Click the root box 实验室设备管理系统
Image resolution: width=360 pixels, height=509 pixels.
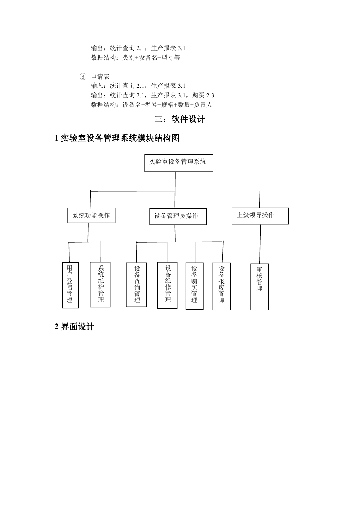pyautogui.click(x=179, y=163)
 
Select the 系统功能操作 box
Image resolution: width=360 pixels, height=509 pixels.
pyautogui.click(x=91, y=216)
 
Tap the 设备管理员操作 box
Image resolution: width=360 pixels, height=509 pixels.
pyautogui.click(x=178, y=216)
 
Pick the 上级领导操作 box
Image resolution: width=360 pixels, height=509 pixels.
pyautogui.click(x=260, y=216)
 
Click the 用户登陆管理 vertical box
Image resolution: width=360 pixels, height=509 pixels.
pyautogui.click(x=70, y=285)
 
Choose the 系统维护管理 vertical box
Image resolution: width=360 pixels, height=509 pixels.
pyautogui.click(x=100, y=284)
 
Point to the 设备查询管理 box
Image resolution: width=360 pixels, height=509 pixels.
pyautogui.click(x=136, y=285)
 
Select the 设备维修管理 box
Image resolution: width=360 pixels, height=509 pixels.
pyautogui.click(x=167, y=285)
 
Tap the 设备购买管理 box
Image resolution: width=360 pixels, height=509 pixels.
pyautogui.click(x=194, y=286)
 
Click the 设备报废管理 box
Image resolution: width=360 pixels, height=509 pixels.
pyautogui.click(x=221, y=286)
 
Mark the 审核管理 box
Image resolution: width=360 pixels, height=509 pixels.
pyautogui.click(x=259, y=287)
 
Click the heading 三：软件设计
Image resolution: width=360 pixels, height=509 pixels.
pyautogui.click(x=180, y=119)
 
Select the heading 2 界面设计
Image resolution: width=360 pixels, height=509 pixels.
pyautogui.click(x=74, y=327)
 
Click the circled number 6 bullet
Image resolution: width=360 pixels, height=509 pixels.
pyautogui.click(x=83, y=77)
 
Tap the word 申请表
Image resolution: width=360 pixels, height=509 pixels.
pyautogui.click(x=100, y=77)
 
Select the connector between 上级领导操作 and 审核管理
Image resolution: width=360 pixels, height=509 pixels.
pyautogui.click(x=260, y=244)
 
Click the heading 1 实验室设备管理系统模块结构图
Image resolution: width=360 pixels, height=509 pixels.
pyautogui.click(x=117, y=138)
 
